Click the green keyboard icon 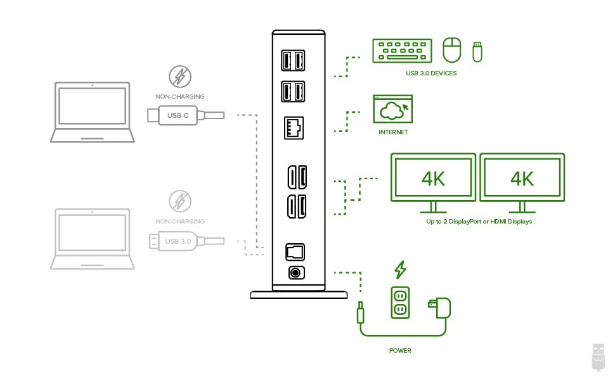click(x=402, y=51)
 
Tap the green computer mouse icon click(x=451, y=50)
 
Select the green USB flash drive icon click(x=477, y=51)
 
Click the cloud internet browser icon click(x=392, y=109)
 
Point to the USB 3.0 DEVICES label click(x=431, y=73)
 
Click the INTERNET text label click(x=393, y=132)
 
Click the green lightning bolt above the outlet click(x=400, y=270)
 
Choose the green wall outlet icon click(x=400, y=301)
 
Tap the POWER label click(x=400, y=350)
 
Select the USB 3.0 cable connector click(x=178, y=241)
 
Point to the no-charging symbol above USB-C click(x=180, y=77)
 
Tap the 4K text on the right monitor click(x=522, y=179)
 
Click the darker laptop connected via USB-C click(x=93, y=112)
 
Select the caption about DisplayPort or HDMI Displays click(x=479, y=222)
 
